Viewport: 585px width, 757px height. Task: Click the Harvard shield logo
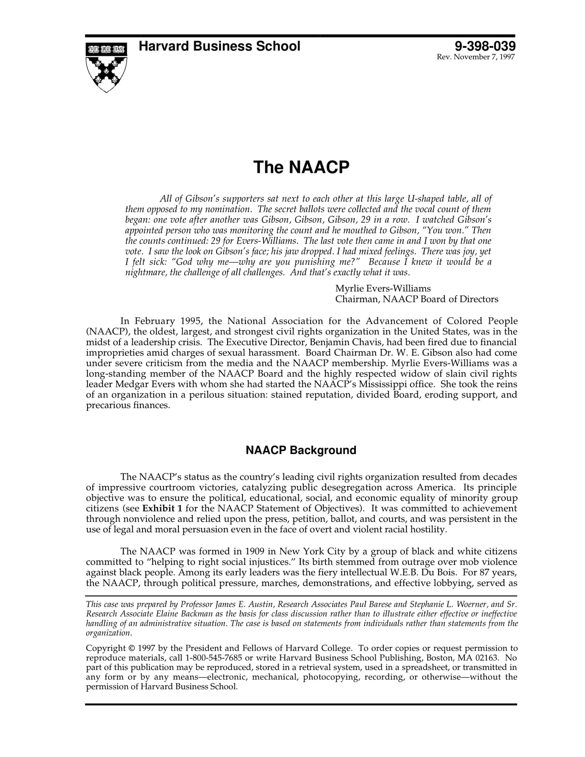[x=106, y=67]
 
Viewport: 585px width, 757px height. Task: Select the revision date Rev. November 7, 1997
[x=476, y=57]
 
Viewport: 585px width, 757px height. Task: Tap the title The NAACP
[x=301, y=167]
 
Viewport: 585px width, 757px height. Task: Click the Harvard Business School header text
[x=219, y=46]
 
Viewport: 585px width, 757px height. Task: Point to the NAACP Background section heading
[x=301, y=450]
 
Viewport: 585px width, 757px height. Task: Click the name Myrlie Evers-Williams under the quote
[x=383, y=289]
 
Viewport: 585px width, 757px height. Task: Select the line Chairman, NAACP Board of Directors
[x=417, y=299]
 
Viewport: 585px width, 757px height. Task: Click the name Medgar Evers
[x=143, y=384]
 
